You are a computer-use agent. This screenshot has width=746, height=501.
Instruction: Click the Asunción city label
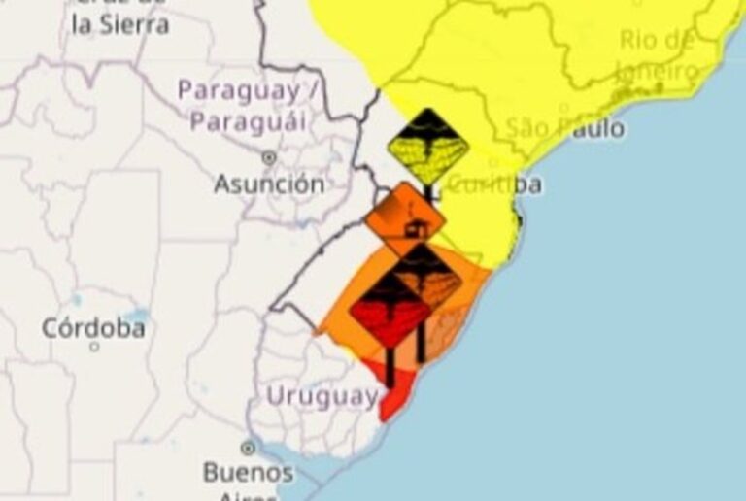pyautogui.click(x=269, y=184)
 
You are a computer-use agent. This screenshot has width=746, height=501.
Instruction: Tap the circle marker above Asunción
pyautogui.click(x=269, y=157)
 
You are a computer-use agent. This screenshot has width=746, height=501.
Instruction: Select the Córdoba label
pyautogui.click(x=93, y=328)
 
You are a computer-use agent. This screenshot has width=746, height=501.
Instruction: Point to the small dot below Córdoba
pyautogui.click(x=94, y=346)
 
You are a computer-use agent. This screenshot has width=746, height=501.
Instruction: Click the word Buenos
pyautogui.click(x=248, y=473)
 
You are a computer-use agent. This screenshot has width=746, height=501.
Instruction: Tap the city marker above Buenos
pyautogui.click(x=248, y=449)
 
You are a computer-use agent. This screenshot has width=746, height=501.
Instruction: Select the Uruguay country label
pyautogui.click(x=322, y=396)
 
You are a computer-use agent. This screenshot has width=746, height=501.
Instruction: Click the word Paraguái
pyautogui.click(x=247, y=122)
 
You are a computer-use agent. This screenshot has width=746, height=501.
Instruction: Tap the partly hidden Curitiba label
pyautogui.click(x=499, y=184)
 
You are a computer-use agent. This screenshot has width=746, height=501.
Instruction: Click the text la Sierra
pyautogui.click(x=120, y=25)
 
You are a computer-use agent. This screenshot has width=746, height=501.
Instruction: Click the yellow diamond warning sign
pyautogui.click(x=427, y=147)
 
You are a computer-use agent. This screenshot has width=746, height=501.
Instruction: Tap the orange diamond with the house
pyautogui.click(x=405, y=219)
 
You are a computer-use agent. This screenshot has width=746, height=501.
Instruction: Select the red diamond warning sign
pyautogui.click(x=390, y=309)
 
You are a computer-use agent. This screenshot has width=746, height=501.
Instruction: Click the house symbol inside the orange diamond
pyautogui.click(x=416, y=229)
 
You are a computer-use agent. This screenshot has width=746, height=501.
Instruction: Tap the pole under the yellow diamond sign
pyautogui.click(x=427, y=193)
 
